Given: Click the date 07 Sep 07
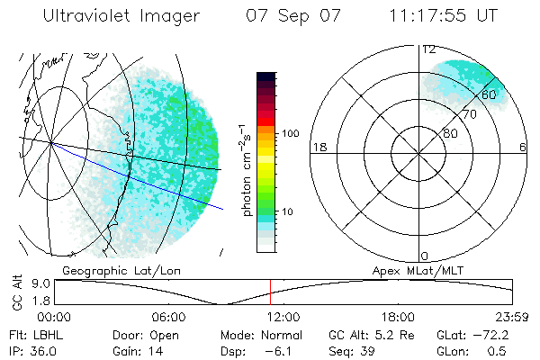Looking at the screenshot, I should click(292, 16).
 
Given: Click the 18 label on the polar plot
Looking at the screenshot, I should click(318, 147).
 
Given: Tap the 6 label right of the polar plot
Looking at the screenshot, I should click(523, 147).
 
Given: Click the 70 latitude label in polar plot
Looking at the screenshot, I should click(469, 114).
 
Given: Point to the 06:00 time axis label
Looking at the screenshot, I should click(168, 317).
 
